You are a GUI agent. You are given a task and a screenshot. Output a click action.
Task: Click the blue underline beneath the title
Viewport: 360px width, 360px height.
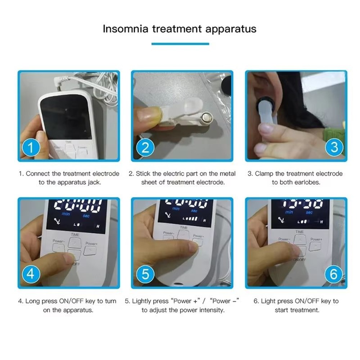pos(180,44)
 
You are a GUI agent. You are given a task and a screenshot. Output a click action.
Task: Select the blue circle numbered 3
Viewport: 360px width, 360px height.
pos(334,148)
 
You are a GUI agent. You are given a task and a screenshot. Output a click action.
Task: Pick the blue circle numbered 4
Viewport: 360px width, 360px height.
pos(31,274)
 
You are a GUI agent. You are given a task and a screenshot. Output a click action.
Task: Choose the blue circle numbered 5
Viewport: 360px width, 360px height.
pos(145,274)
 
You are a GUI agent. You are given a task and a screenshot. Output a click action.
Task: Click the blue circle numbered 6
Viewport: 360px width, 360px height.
pos(333,274)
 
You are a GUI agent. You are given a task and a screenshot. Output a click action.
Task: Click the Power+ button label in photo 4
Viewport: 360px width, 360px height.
pos(91,243)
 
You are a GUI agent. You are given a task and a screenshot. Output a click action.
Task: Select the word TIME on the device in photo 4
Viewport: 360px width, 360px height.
pos(75,235)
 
